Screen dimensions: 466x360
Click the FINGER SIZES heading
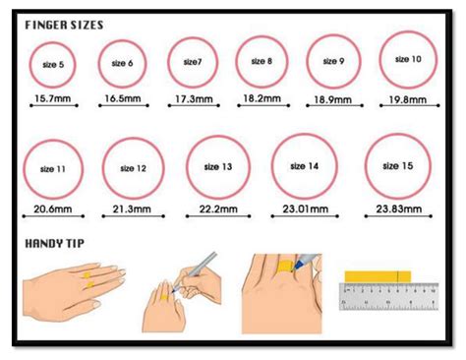pyautogui.click(x=64, y=26)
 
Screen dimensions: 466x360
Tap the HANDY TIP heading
pyautogui.click(x=55, y=244)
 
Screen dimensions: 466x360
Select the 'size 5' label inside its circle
pyautogui.click(x=53, y=65)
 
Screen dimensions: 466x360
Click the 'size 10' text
pyautogui.click(x=408, y=59)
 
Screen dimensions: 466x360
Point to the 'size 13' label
pyautogui.click(x=218, y=167)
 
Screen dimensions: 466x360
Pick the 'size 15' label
pyautogui.click(x=398, y=166)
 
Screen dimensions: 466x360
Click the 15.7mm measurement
pyautogui.click(x=53, y=98)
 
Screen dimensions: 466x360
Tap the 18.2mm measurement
pyautogui.click(x=262, y=98)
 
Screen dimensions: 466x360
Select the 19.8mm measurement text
pyautogui.click(x=408, y=99)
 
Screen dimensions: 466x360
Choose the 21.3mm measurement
pyautogui.click(x=132, y=209)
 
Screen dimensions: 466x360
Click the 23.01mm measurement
pyautogui.click(x=306, y=209)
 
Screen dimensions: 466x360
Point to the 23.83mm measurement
pyautogui.click(x=399, y=209)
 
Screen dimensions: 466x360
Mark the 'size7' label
pyautogui.click(x=193, y=62)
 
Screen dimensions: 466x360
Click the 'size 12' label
pyautogui.click(x=133, y=168)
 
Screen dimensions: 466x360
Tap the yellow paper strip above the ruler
pyautogui.click(x=378, y=276)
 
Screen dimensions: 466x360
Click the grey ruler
pyautogui.click(x=388, y=296)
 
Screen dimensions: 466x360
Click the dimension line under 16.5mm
pyautogui.click(x=124, y=105)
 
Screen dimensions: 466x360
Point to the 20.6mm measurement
pyautogui.click(x=53, y=209)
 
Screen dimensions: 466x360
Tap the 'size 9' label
pyautogui.click(x=333, y=61)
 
